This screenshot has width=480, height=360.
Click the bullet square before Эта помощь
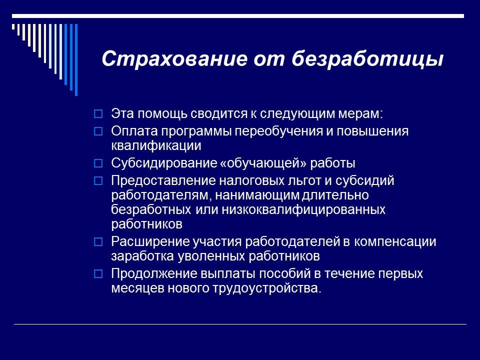click(x=98, y=114)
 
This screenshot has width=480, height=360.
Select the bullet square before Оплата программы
click(x=98, y=131)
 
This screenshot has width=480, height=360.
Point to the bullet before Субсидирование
click(x=98, y=163)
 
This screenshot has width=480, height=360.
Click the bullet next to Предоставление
click(x=98, y=180)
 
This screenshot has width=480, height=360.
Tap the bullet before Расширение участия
click(x=98, y=242)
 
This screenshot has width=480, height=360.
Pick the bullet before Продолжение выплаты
click(x=98, y=274)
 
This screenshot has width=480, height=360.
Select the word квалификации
click(x=156, y=146)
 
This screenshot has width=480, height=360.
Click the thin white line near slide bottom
click(x=240, y=324)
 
